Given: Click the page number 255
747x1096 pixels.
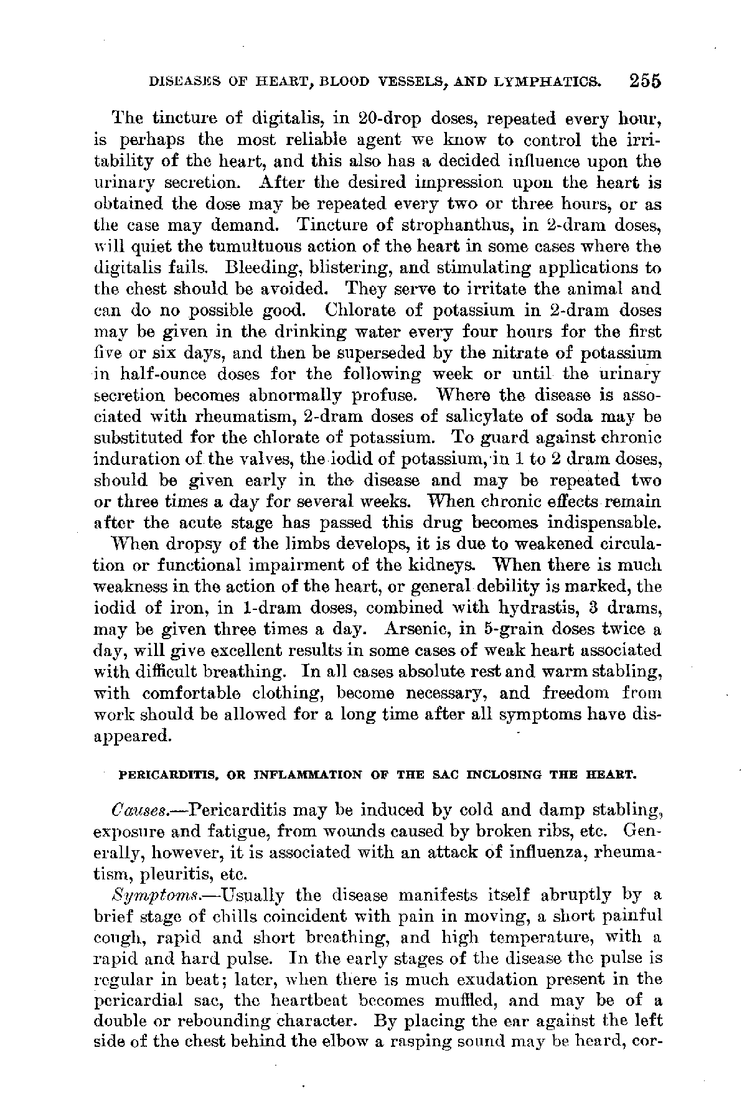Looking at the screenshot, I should pyautogui.click(x=644, y=82).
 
